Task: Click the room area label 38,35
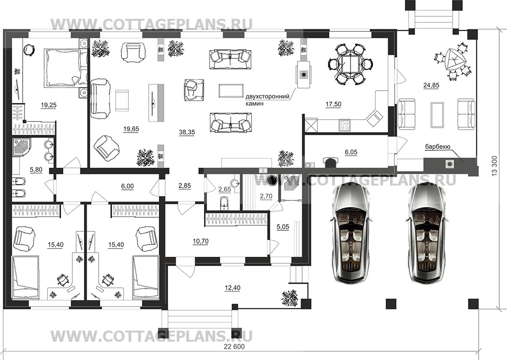[x=186, y=132]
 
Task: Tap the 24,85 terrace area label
[x=431, y=85]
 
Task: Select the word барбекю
[x=438, y=147]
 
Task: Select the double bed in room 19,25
[x=62, y=68]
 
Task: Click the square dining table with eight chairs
[x=351, y=64]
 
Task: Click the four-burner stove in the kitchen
[x=344, y=125]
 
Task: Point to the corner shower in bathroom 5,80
[x=22, y=148]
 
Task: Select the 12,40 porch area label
[x=232, y=288]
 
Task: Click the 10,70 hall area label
[x=200, y=241]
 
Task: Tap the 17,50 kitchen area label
[x=333, y=104]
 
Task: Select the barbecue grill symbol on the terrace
[x=449, y=164]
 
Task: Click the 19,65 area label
[x=131, y=129]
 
